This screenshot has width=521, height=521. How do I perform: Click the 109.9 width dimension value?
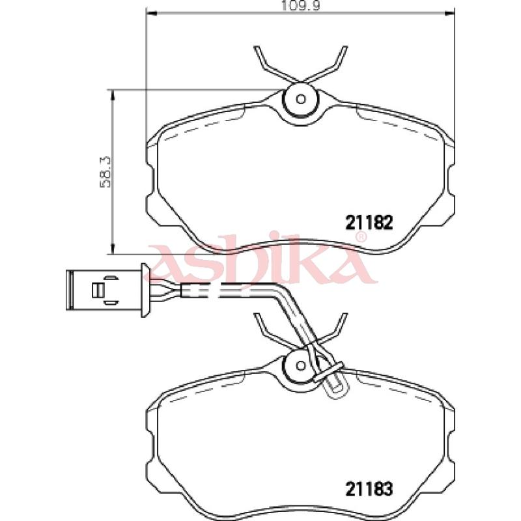pos(300,5)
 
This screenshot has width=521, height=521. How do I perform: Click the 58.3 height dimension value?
pos(106,172)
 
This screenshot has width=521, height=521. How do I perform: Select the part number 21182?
pos(369,222)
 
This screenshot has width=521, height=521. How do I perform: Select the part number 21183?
pos(369,489)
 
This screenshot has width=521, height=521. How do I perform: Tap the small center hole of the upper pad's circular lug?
pos(301,99)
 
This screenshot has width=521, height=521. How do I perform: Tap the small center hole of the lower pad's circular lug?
pos(301,365)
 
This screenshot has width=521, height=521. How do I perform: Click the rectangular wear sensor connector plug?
pos(104,290)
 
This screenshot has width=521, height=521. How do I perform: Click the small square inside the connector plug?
pos(98,290)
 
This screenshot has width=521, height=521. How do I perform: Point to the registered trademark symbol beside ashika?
pos(361,237)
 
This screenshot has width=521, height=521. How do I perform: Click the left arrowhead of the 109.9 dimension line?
pos(151,13)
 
